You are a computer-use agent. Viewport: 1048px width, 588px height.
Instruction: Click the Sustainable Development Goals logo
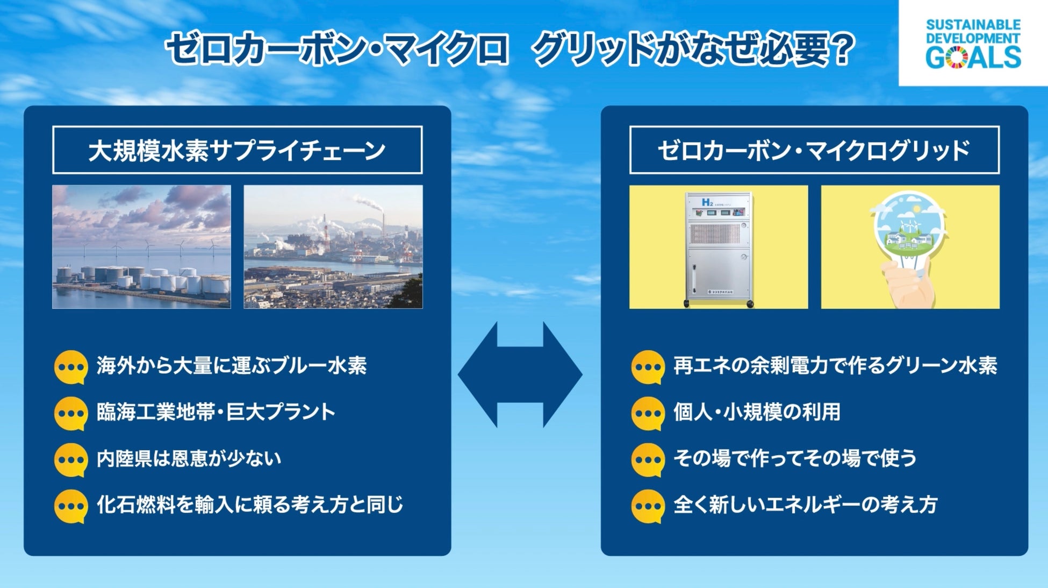coord(973,43)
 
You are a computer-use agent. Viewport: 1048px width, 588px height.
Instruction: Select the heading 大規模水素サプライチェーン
coord(237,150)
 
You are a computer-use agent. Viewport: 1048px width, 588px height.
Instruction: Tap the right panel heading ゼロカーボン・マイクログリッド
coord(814,150)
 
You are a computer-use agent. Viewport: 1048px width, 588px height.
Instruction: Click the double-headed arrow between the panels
coord(520,374)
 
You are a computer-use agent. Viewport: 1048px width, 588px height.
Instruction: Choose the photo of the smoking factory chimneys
coord(333,247)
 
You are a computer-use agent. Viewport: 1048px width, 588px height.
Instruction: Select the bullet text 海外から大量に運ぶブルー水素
coord(232,366)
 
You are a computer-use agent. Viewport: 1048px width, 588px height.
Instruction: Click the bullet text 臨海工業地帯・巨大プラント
coord(216,412)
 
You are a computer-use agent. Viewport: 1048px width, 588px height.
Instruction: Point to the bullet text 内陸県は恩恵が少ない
coord(189,458)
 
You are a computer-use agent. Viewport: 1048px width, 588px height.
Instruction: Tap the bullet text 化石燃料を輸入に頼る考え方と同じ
coord(250,505)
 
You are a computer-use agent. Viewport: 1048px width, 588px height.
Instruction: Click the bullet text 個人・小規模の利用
coord(757,412)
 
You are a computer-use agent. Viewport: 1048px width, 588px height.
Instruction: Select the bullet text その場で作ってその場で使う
coord(795,458)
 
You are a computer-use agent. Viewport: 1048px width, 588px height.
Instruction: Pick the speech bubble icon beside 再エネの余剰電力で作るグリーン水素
coord(648,367)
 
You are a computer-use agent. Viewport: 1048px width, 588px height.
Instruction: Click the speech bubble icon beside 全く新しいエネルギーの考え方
coord(648,506)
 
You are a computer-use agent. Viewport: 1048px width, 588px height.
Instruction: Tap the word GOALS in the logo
coord(973,58)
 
